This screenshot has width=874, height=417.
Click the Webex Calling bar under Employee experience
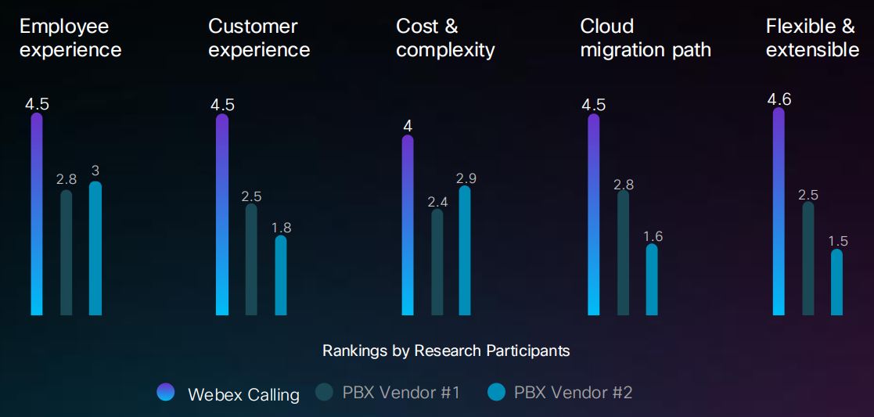tap(37, 215)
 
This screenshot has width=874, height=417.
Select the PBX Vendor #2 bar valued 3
tap(95, 249)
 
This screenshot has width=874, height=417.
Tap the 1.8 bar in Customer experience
tap(281, 275)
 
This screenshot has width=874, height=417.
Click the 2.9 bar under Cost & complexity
tap(465, 250)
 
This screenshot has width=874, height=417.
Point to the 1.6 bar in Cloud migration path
tap(652, 280)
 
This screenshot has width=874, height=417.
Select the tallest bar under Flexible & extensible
tap(779, 211)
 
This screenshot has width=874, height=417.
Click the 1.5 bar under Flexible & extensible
tap(836, 282)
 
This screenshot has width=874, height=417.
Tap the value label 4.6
tap(779, 99)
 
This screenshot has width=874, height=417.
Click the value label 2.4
tap(437, 202)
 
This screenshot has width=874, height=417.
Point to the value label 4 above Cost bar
tap(408, 126)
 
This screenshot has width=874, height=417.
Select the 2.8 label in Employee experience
tap(67, 179)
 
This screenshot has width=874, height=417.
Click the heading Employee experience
tap(70, 38)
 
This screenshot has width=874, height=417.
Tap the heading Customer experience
tap(259, 38)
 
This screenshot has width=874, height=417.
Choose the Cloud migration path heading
tap(646, 38)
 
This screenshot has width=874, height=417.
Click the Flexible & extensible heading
tap(812, 38)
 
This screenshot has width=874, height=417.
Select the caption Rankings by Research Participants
tap(446, 350)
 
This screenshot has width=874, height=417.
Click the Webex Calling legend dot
tap(165, 393)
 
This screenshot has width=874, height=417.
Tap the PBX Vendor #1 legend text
tap(401, 393)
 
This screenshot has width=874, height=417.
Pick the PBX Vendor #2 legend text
tap(573, 393)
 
